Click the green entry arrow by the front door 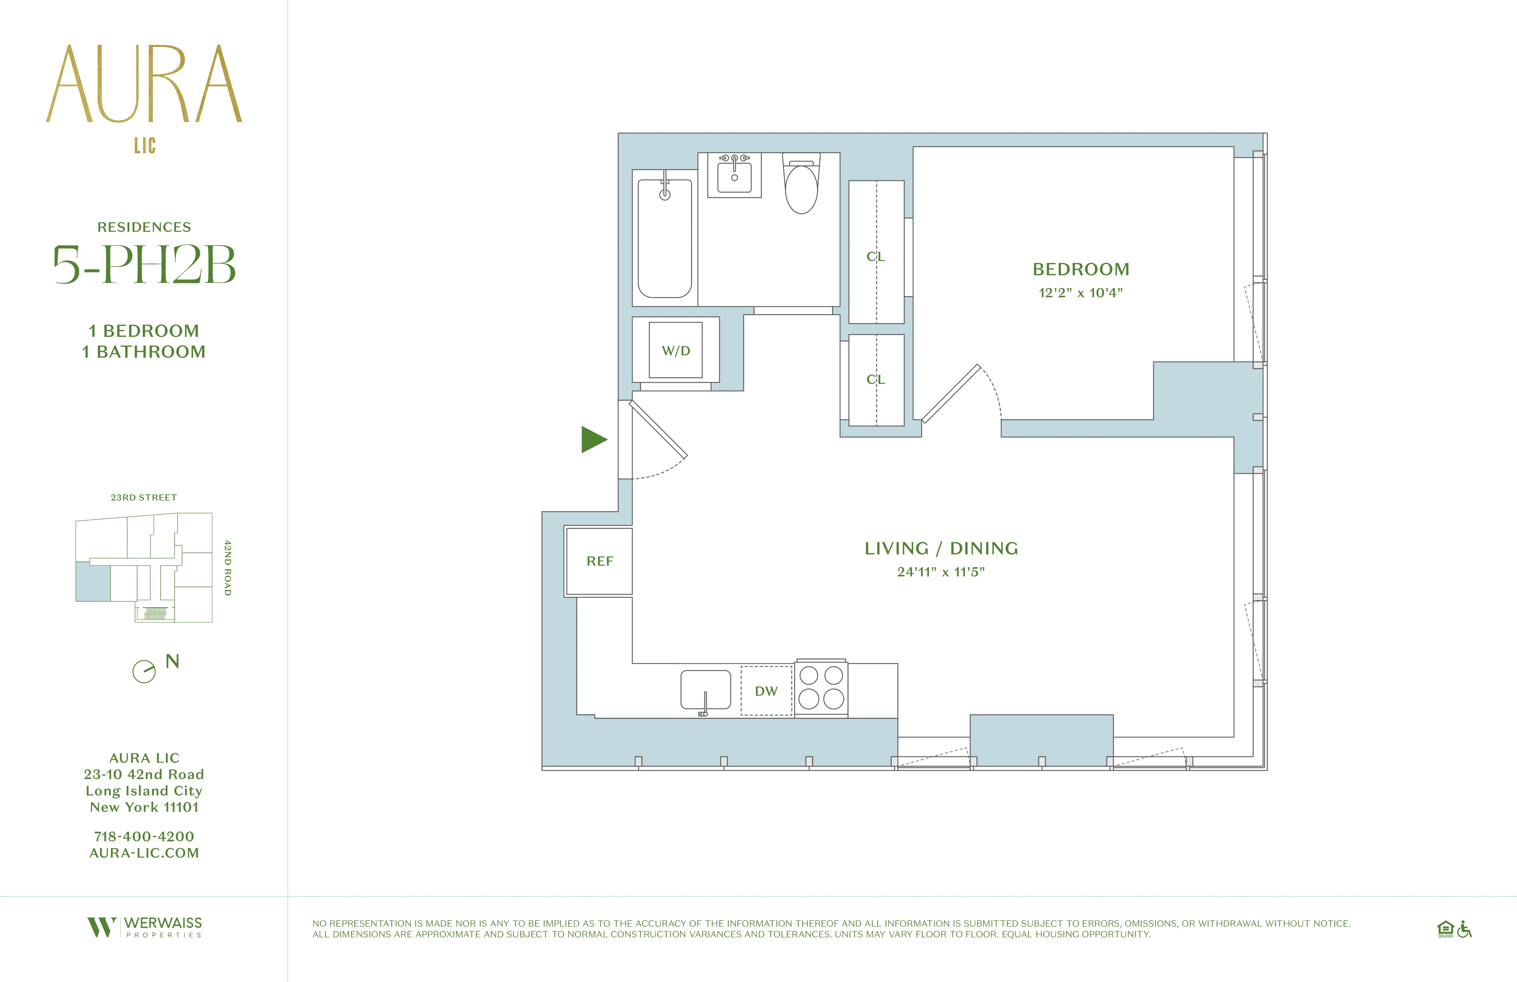(x=593, y=439)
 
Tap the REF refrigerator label (x=599, y=561)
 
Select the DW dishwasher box (x=766, y=691)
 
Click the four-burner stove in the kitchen (x=821, y=687)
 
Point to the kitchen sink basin (x=705, y=689)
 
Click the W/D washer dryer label (x=676, y=351)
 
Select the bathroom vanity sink (x=734, y=175)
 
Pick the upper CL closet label (x=876, y=256)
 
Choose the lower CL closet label (x=876, y=379)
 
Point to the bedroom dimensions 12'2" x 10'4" (x=1080, y=293)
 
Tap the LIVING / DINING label (x=941, y=548)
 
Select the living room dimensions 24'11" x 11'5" (x=941, y=572)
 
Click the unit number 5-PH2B (x=144, y=265)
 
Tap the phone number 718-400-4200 (x=144, y=836)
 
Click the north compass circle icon (x=144, y=671)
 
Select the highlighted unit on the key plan (x=93, y=581)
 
